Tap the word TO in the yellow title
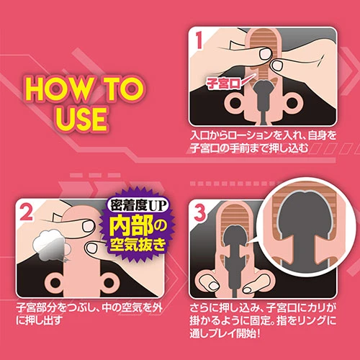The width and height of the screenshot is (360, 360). [x=123, y=88]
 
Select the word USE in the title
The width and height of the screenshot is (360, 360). [x=81, y=118]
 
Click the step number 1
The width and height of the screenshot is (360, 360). [x=199, y=41]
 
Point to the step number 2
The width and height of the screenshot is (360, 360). [x=27, y=212]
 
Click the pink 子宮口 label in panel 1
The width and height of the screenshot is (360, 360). [x=224, y=84]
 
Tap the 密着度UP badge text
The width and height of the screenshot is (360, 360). [x=138, y=206]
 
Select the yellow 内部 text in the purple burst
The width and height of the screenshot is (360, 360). [x=132, y=227]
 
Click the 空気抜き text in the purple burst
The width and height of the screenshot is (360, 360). [x=138, y=246]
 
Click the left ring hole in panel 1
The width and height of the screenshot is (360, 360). [x=235, y=103]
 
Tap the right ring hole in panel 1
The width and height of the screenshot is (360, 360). [x=292, y=103]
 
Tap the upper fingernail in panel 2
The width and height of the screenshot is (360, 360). [x=88, y=226]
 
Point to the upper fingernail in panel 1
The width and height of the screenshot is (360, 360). [x=265, y=54]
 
